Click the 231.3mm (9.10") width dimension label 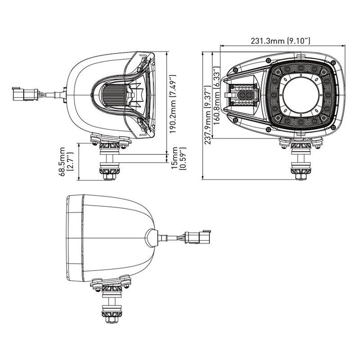(280, 42)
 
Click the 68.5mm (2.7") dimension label (67, 161)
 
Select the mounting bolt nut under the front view (299, 175)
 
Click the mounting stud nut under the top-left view (109, 175)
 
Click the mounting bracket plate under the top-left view (109, 139)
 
